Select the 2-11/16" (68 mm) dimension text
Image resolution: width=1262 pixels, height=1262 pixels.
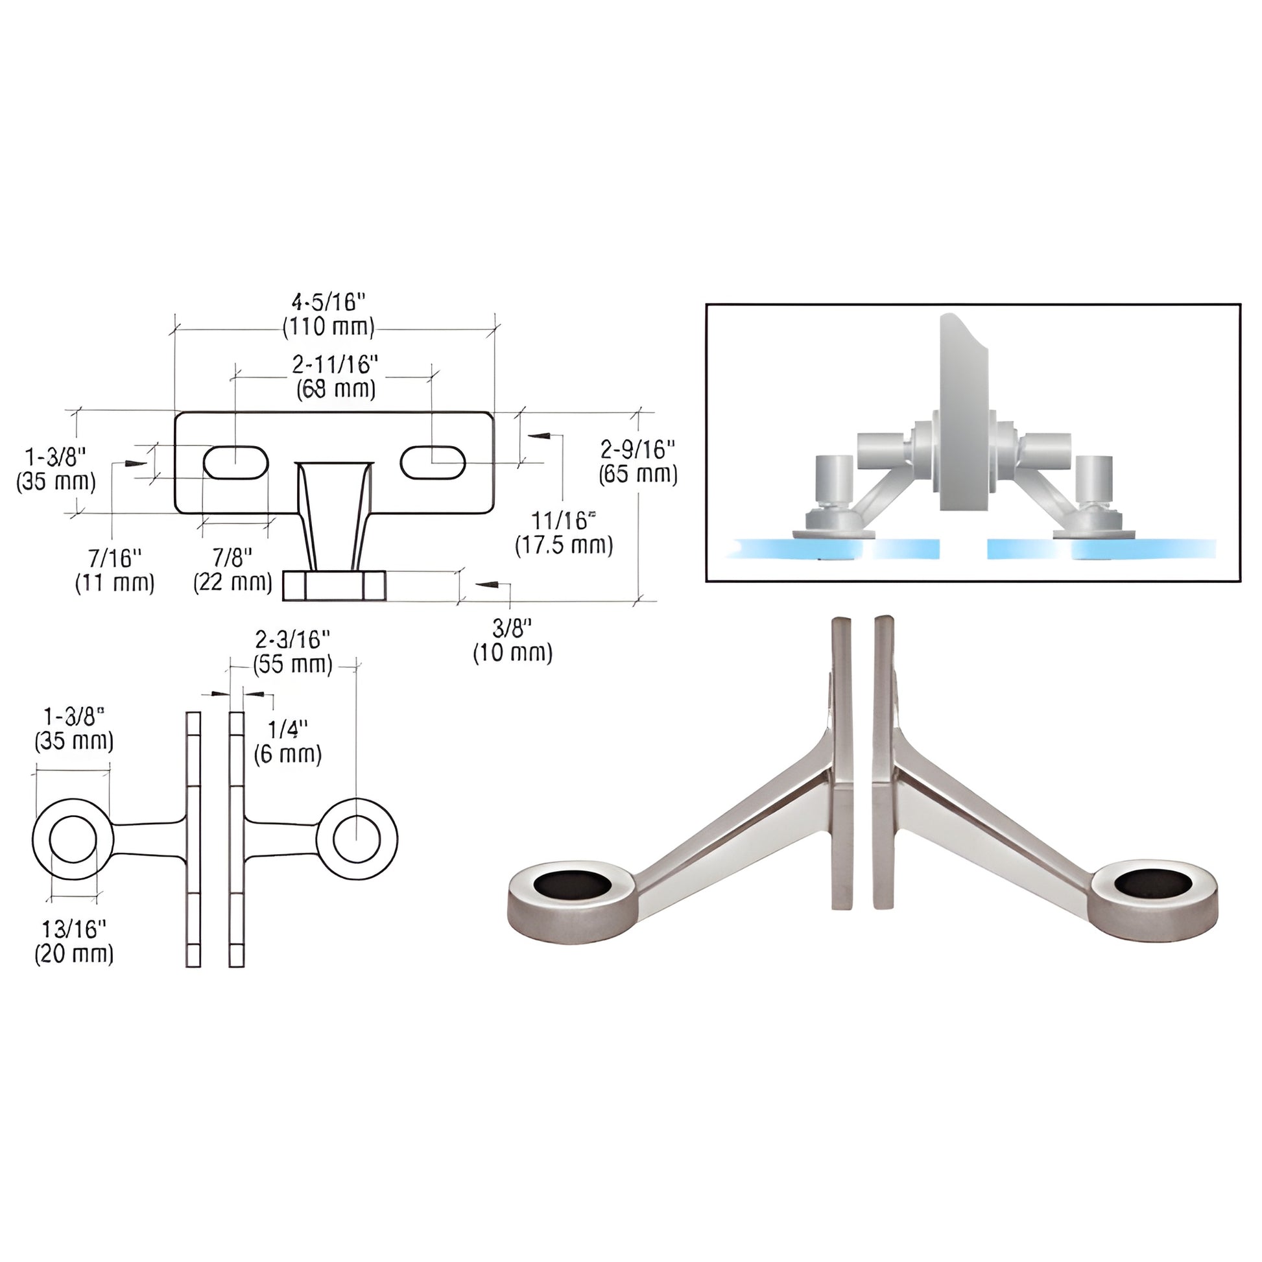(336, 376)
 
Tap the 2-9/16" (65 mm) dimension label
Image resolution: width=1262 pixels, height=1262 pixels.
(637, 461)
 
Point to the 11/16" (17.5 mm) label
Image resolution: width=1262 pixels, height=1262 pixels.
(564, 533)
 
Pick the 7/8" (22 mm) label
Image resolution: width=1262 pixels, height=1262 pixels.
(233, 569)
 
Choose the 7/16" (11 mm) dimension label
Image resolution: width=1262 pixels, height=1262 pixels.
(115, 570)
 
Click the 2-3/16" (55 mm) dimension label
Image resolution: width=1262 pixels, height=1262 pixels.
(292, 652)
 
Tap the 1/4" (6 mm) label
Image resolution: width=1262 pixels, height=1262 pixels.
(288, 741)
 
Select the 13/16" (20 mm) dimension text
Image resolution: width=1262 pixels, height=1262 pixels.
(74, 940)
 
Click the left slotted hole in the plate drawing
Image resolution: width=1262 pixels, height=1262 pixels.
(236, 462)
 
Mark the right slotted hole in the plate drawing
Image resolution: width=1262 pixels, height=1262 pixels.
(433, 462)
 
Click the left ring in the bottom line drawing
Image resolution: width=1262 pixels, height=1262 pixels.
(73, 839)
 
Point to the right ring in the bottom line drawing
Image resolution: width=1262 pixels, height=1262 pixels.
(357, 839)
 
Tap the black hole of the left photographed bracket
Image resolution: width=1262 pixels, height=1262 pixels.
(572, 885)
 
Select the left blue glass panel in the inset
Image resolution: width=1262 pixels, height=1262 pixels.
(836, 549)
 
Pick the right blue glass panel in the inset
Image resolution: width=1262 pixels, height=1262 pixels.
(1104, 549)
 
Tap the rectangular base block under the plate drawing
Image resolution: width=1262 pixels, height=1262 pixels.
(334, 585)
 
